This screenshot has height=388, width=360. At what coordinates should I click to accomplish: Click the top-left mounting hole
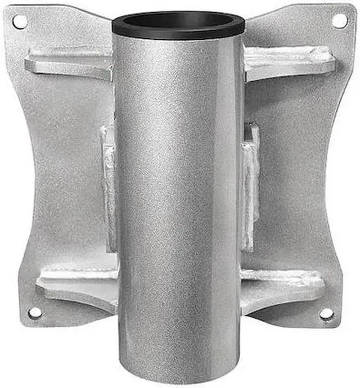[x=20, y=22]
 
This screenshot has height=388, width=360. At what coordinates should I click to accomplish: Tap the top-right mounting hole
[x=339, y=21]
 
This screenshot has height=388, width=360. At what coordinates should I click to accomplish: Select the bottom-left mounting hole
[x=35, y=313]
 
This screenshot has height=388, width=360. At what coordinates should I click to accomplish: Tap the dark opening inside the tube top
[x=178, y=20]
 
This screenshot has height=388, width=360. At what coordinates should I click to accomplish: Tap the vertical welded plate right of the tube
[x=250, y=186]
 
